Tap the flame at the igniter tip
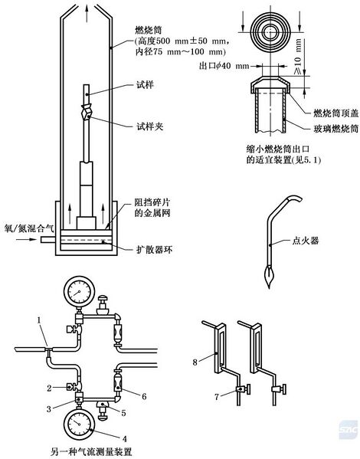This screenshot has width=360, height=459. click(268, 272)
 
